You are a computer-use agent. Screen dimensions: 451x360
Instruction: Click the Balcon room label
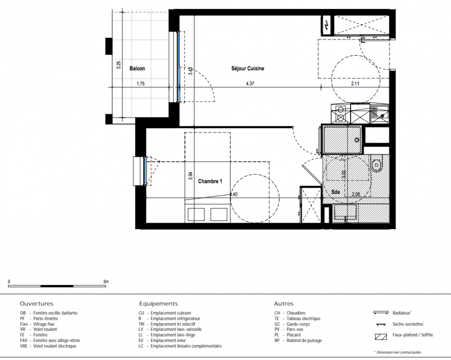137,68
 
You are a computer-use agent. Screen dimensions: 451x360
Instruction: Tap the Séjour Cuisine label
248,68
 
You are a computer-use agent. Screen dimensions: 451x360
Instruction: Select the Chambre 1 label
210,181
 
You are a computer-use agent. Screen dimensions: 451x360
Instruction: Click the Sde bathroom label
335,192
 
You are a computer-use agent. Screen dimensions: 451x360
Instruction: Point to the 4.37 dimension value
250,84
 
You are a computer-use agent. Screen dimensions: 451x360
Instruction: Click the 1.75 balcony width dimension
140,84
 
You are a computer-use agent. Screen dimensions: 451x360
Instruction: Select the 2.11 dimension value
355,84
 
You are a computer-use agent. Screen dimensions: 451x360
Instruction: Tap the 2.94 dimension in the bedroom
190,175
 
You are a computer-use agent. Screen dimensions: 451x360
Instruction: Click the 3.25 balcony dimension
118,65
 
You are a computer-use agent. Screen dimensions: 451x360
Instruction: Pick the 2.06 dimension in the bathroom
356,194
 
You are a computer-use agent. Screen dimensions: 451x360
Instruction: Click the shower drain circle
357,140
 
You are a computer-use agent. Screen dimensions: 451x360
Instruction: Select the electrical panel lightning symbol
327,25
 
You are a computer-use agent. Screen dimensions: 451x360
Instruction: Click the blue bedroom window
145,171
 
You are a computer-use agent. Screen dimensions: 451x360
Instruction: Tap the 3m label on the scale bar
106,282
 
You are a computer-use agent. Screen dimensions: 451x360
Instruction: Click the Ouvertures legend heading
36,304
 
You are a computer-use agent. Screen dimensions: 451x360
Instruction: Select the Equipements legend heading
158,304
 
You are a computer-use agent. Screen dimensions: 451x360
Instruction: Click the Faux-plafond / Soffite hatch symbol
381,337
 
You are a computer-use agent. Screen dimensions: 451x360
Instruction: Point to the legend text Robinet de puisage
304,341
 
